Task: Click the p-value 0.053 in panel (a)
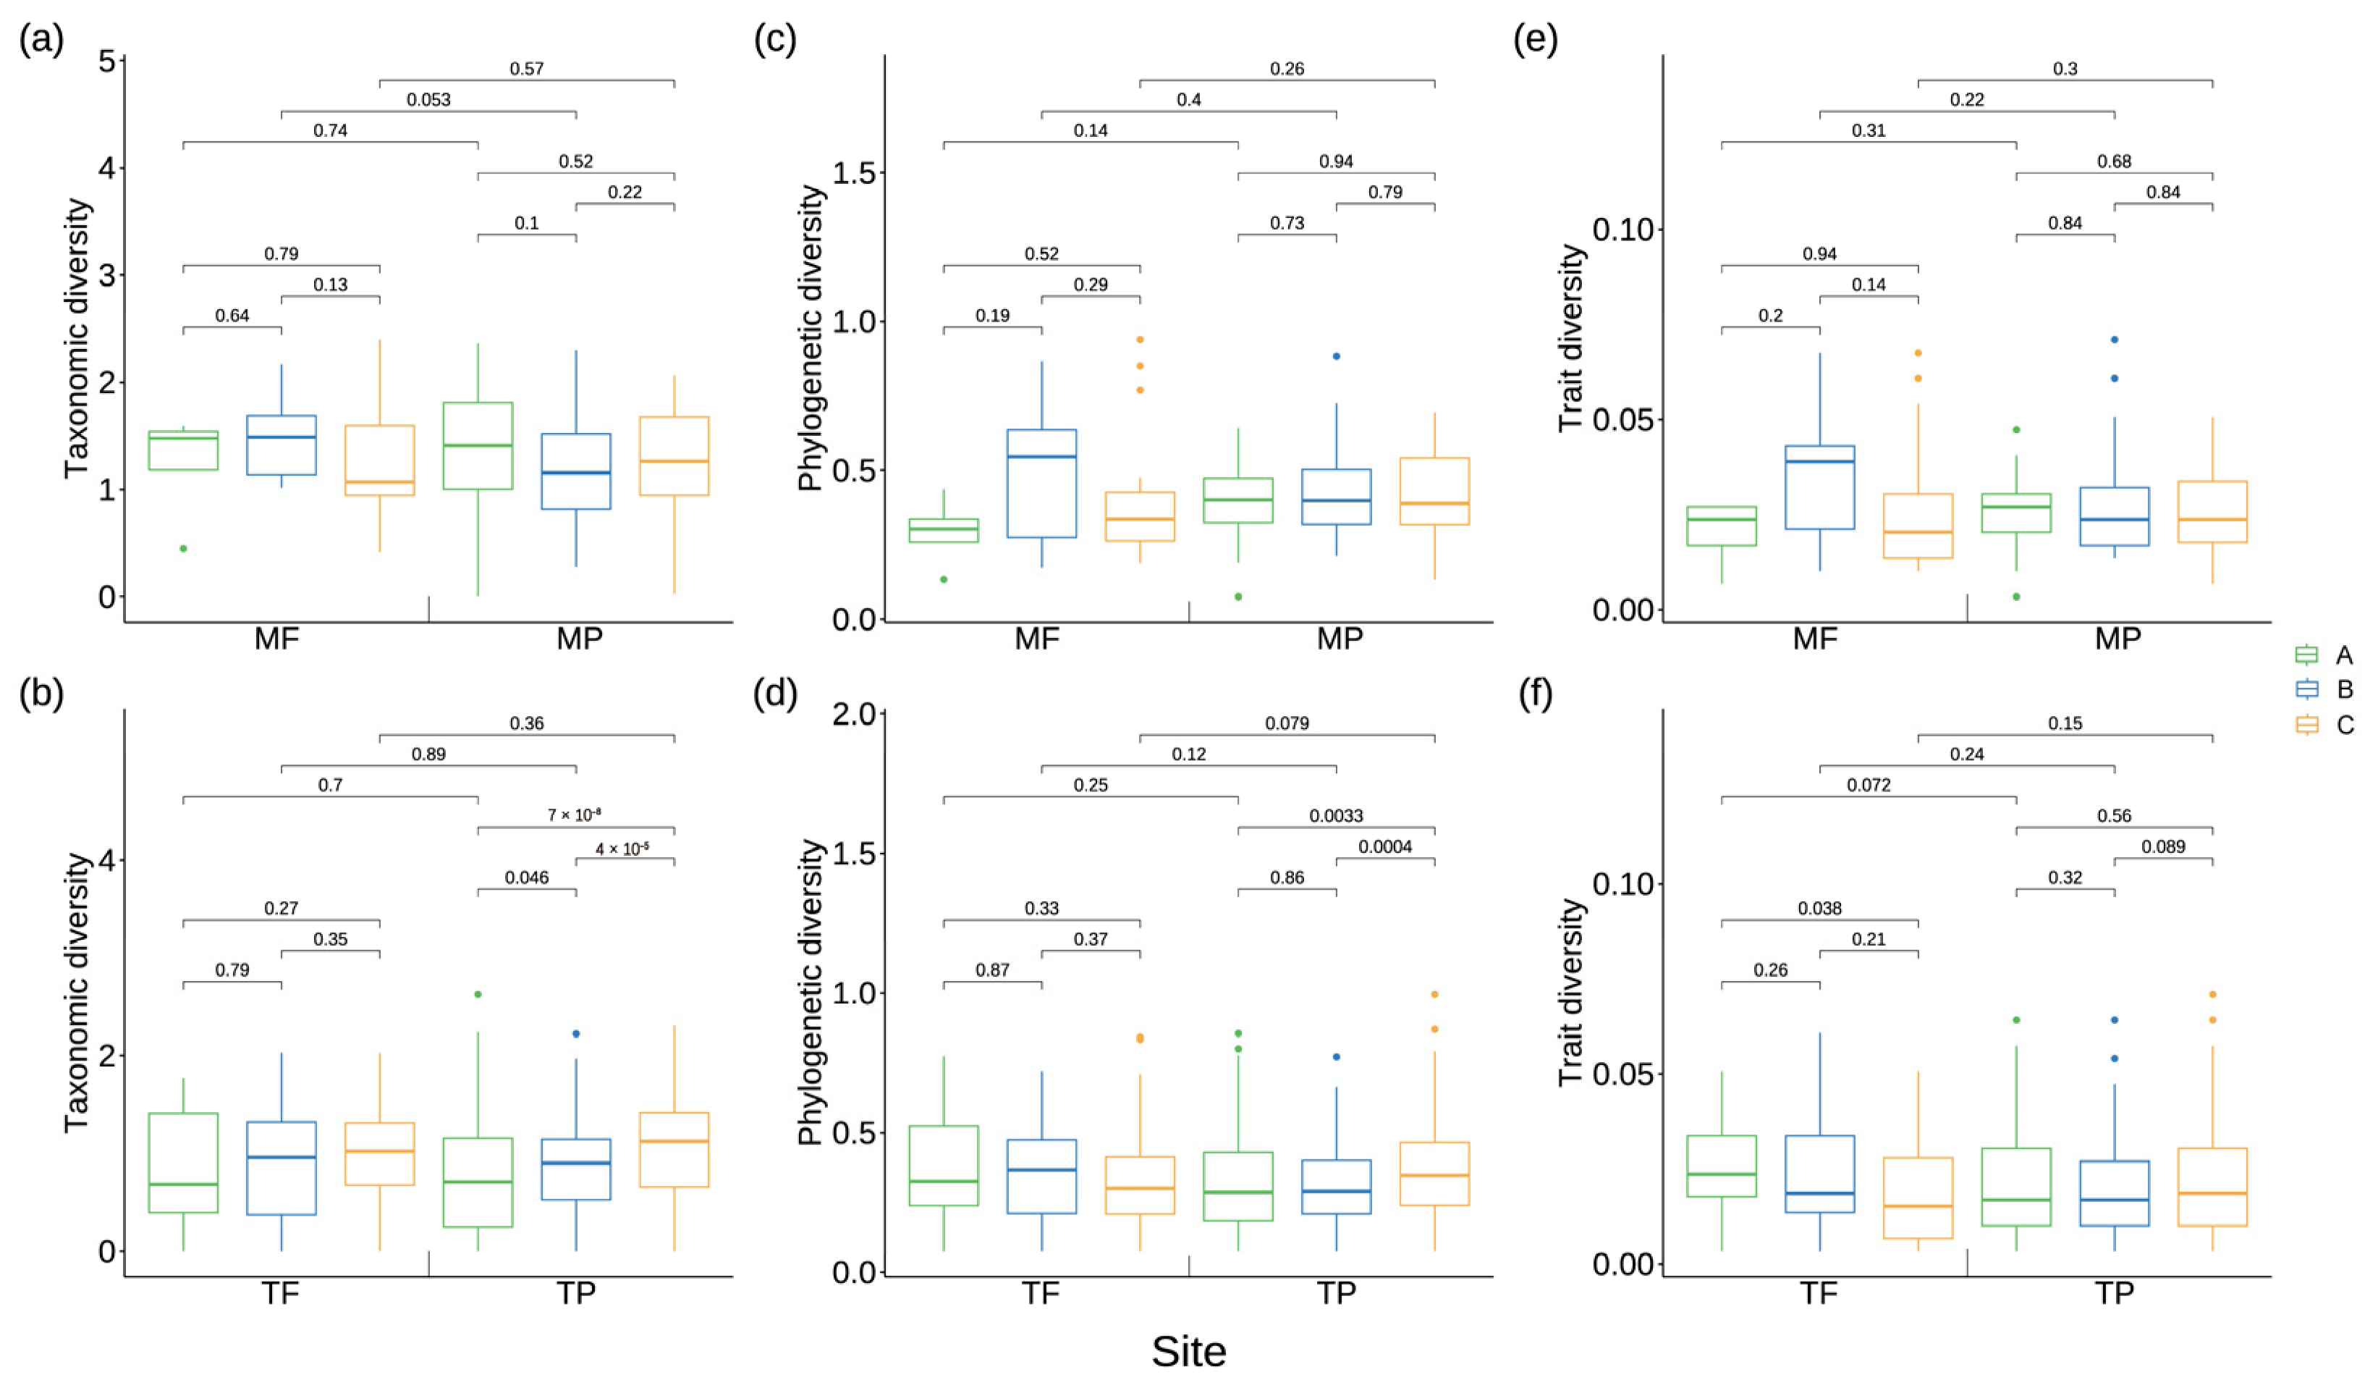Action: (428, 99)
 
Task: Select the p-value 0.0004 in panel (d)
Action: (1385, 846)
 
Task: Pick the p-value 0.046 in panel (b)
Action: (527, 878)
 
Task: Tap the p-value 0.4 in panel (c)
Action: (1189, 99)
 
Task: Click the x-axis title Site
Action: (1189, 1352)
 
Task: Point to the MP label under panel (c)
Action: (1340, 639)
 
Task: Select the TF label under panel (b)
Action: (280, 1292)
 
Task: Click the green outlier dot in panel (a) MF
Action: (183, 548)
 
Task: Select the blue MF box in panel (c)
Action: (1042, 483)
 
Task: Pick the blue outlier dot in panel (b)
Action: (575, 1034)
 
